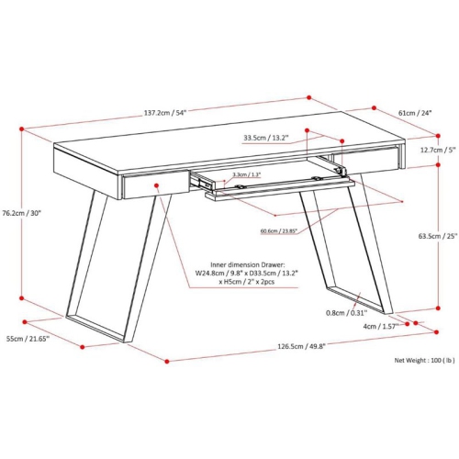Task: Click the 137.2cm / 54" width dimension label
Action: pos(165,113)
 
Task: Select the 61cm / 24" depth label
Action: pos(415,113)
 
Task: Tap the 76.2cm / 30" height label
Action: pos(21,213)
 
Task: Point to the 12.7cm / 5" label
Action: pos(439,150)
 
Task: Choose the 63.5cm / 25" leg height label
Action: pos(438,236)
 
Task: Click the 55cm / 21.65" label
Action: pos(28,339)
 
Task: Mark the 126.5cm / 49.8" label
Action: pos(301,346)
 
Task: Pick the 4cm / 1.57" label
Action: pos(381,327)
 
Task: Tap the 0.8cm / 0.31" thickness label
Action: pos(346,313)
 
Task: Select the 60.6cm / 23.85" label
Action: pos(279,231)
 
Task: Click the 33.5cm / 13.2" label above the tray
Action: pos(266,138)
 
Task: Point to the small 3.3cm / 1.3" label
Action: pos(246,174)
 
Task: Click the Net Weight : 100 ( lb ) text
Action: pos(425,360)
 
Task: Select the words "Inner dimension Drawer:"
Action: pos(248,264)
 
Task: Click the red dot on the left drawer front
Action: pos(156,185)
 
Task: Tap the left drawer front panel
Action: pos(156,185)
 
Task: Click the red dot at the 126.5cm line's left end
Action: pos(167,362)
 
